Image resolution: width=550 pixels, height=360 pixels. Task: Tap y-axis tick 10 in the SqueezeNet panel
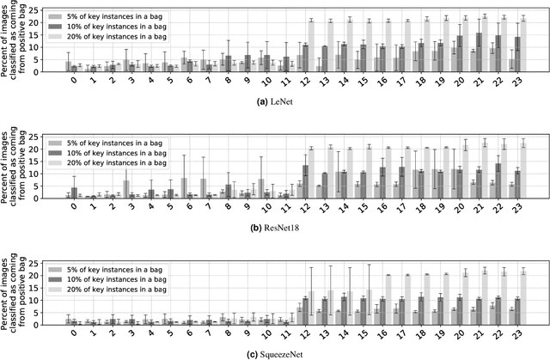(x=51, y=299)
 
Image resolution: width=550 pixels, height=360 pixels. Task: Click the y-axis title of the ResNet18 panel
(x=19, y=168)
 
